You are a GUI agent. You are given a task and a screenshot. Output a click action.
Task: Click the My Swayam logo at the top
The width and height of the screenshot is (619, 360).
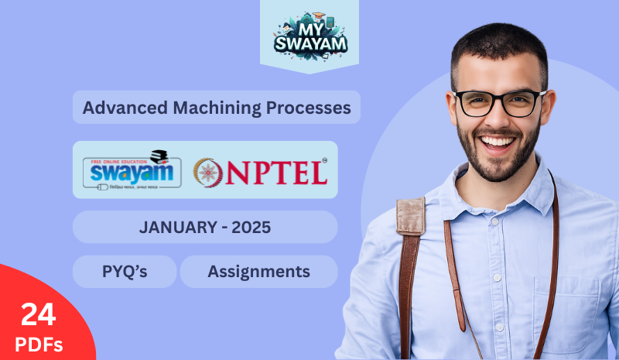click(x=309, y=35)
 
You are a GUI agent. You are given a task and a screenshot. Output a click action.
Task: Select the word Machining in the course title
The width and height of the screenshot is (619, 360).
click(x=202, y=108)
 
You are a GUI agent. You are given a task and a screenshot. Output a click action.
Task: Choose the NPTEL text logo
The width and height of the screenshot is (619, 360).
click(x=275, y=171)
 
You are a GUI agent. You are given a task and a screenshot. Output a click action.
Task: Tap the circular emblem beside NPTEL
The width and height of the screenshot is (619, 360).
click(x=207, y=171)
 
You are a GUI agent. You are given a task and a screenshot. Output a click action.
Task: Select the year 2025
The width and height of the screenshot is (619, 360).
click(x=250, y=228)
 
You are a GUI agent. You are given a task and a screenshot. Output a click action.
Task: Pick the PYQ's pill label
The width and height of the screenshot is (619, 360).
click(x=125, y=272)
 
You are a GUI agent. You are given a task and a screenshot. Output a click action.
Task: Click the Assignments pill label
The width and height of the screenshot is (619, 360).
click(x=258, y=272)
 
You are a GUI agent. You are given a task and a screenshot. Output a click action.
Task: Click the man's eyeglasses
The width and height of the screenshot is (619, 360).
click(x=499, y=103)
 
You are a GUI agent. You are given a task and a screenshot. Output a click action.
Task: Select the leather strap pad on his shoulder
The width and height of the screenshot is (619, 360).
click(x=410, y=217)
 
